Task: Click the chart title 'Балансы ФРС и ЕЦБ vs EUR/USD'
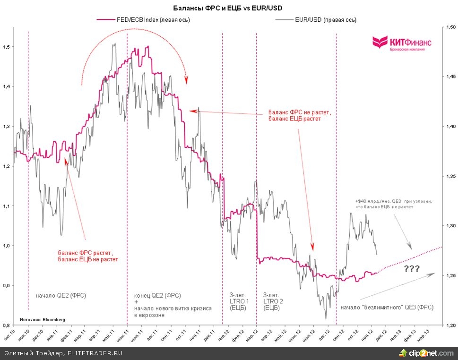(x=229, y=9)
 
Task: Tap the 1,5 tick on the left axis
(x=6, y=47)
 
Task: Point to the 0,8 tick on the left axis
(x=6, y=326)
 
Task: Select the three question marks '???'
(x=412, y=269)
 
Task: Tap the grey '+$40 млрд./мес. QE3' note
(x=394, y=204)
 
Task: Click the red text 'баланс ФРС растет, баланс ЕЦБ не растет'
(x=87, y=256)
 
